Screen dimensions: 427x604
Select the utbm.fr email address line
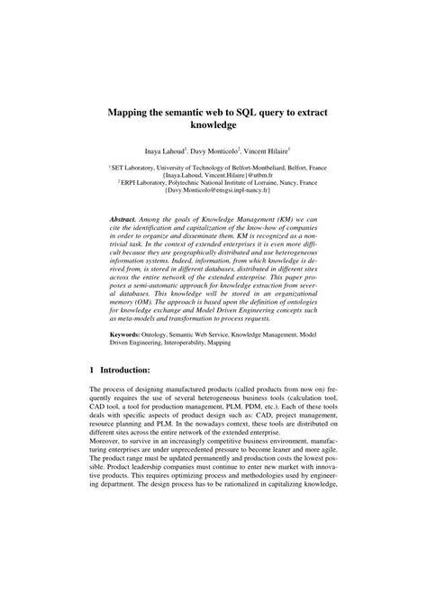tap(213, 175)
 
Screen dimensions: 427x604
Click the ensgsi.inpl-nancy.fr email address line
tap(213, 191)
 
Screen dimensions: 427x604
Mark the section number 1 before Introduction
tap(92, 395)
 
